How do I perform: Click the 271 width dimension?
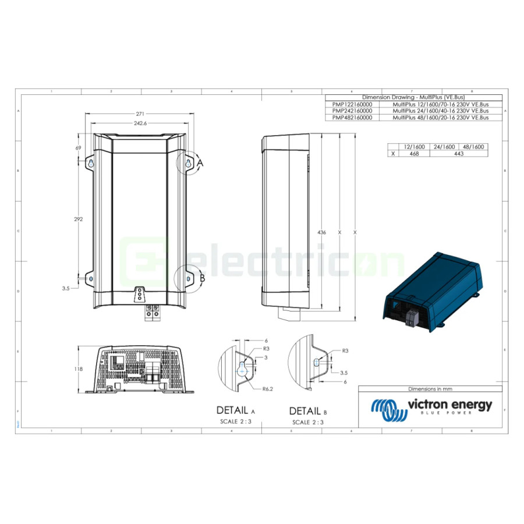[140, 114]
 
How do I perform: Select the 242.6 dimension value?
[140, 123]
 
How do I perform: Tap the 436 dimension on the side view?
[321, 232]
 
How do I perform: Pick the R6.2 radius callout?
[268, 388]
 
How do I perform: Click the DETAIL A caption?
[236, 410]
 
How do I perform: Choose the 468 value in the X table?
[414, 154]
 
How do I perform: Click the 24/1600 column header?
[444, 147]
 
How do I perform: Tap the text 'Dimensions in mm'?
[430, 389]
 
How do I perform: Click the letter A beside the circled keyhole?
[200, 163]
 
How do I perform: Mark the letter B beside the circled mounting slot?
[202, 278]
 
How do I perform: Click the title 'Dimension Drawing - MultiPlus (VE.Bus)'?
[412, 97]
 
